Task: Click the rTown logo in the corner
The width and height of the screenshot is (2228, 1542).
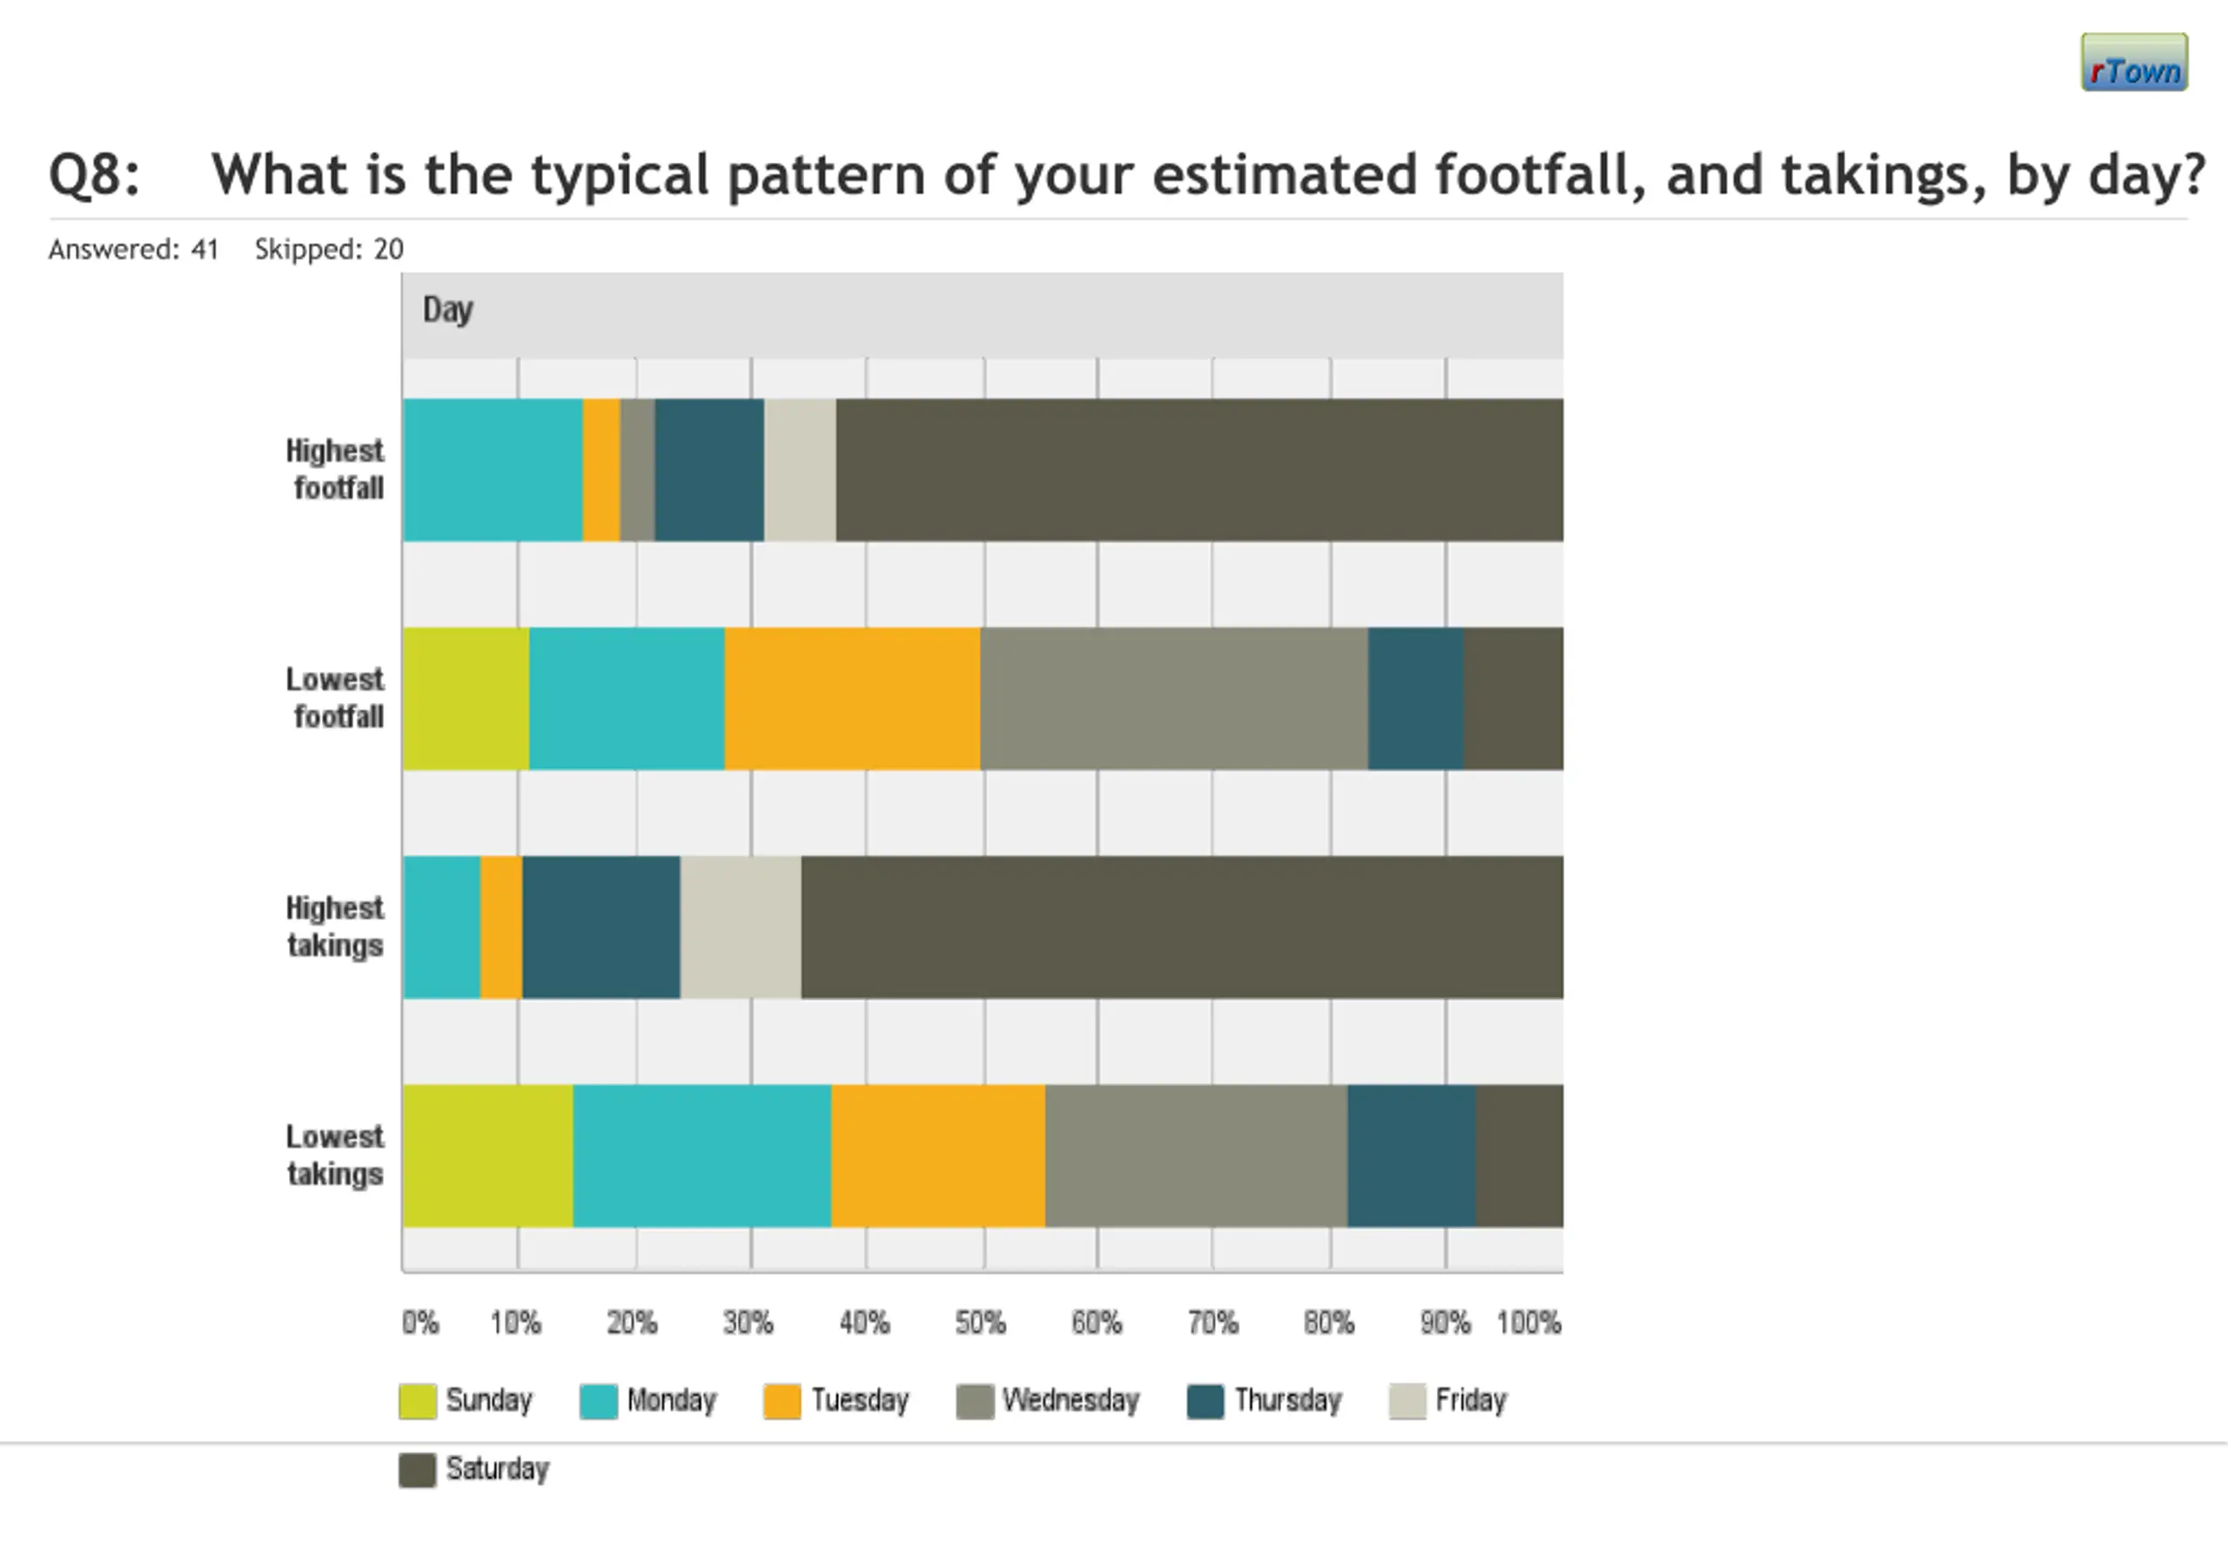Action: coord(2133,63)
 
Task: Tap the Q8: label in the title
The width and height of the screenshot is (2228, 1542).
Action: coord(95,176)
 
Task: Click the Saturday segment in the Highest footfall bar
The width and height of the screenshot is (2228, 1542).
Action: coord(1198,470)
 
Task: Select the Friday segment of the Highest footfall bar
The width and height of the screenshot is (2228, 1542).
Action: coord(800,470)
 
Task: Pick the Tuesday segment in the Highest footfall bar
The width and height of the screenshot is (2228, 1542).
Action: coord(601,470)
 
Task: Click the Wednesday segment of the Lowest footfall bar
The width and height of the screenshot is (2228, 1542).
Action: coord(1174,699)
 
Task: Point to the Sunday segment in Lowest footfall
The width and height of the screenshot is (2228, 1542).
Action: coord(466,699)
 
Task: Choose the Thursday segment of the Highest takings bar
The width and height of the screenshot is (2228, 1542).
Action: coord(601,928)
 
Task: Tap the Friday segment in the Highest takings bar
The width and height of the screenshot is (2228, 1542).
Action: coord(740,928)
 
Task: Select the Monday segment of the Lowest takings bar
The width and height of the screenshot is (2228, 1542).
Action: coord(701,1156)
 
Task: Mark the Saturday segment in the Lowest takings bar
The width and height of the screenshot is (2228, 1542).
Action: coord(1519,1156)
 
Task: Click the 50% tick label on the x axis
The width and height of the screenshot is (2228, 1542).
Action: coord(980,1323)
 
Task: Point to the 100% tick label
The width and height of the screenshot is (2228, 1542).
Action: coord(1528,1323)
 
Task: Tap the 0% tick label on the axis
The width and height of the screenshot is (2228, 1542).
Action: coord(420,1323)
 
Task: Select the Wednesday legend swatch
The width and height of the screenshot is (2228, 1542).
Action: coord(975,1402)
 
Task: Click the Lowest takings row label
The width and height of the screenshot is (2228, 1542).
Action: coord(334,1156)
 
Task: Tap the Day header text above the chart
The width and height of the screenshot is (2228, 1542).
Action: coord(447,310)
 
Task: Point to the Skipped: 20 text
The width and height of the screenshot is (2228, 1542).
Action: coord(328,249)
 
